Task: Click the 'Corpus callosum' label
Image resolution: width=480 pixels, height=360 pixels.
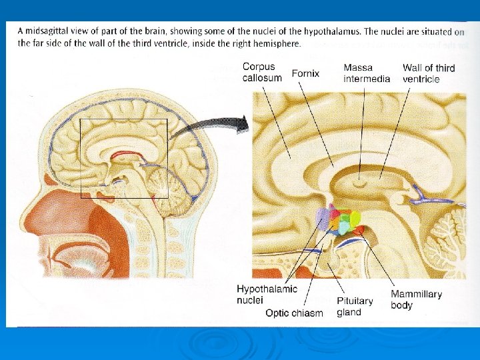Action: (262, 72)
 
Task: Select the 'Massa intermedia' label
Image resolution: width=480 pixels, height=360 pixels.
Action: (367, 73)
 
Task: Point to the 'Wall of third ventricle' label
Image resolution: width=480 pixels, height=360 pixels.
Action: (429, 73)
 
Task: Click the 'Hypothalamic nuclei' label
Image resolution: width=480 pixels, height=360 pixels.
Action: (267, 294)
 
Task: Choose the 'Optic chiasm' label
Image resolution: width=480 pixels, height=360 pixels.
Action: (294, 312)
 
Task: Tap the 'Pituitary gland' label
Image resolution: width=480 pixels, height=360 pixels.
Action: (354, 306)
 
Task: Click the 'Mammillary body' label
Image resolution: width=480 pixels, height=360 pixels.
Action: (415, 299)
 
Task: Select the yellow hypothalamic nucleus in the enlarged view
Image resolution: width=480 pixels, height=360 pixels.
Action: (355, 217)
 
